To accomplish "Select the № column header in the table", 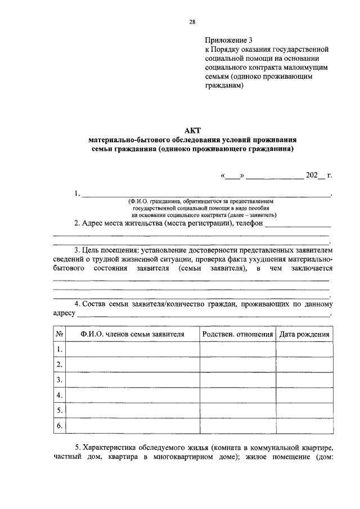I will click(x=59, y=334).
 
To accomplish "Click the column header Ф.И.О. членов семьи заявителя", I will click(x=132, y=334).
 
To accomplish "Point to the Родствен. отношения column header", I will click(x=237, y=334).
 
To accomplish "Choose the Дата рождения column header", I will click(x=304, y=334).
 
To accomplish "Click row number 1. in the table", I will click(x=59, y=350).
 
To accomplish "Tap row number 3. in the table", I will click(x=59, y=380).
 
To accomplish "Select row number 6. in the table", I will click(x=59, y=426).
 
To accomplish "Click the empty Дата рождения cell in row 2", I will click(x=304, y=365).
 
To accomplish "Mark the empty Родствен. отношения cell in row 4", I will click(x=237, y=395).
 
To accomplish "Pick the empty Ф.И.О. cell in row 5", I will click(x=132, y=411).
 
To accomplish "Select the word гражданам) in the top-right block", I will click(x=224, y=85).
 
